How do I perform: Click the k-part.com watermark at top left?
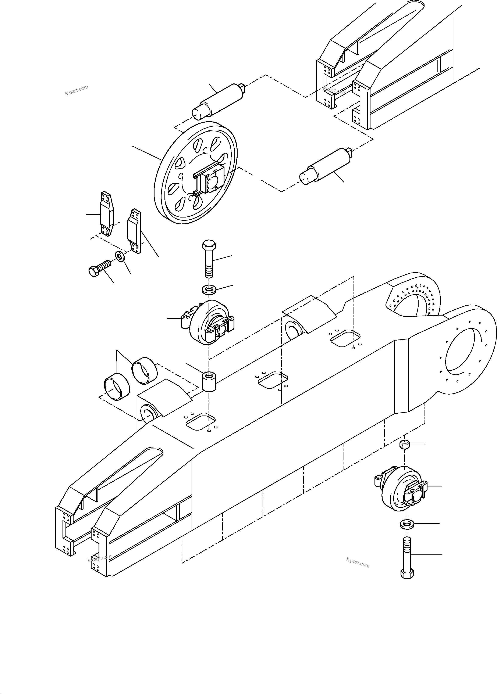click(77, 90)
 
